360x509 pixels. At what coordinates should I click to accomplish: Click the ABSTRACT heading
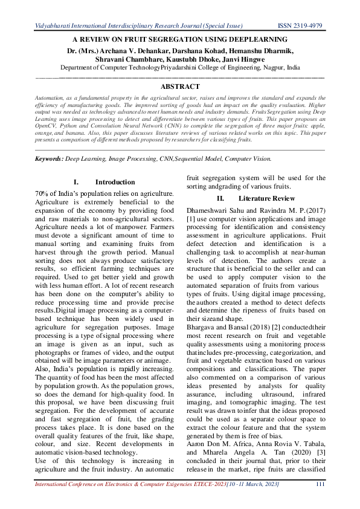pos(179,87)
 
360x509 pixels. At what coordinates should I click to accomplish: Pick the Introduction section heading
pos(115,182)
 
